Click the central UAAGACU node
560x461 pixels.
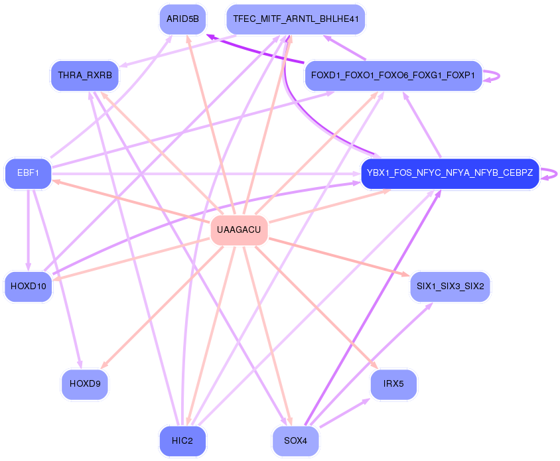pos(239,230)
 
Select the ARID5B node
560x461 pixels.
pos(182,19)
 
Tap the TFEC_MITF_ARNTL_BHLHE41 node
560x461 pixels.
pos(296,19)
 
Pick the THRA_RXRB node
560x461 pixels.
pos(85,75)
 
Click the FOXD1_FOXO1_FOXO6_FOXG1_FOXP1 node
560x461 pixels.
pos(393,75)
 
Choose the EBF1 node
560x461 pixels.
pos(28,174)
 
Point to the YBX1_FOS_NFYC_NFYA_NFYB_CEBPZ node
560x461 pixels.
pos(449,174)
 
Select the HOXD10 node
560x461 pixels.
pos(28,287)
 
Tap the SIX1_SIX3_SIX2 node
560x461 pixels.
pos(450,287)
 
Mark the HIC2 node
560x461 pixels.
pos(182,441)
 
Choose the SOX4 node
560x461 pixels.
pos(296,441)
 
